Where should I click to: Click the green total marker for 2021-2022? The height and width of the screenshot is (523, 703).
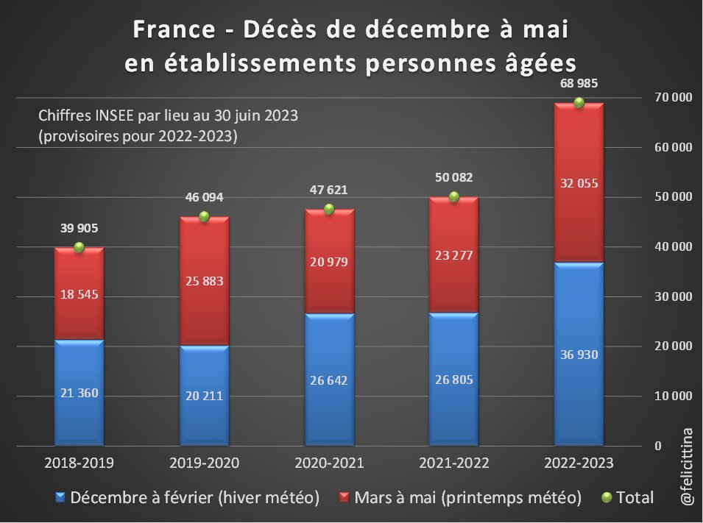coord(454,196)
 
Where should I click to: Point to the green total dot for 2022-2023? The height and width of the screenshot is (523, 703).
coord(579,102)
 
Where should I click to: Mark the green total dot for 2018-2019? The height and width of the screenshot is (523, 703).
coord(79,248)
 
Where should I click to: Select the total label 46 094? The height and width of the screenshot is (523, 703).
coord(204,197)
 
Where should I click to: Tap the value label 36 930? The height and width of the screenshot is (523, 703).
coord(579,355)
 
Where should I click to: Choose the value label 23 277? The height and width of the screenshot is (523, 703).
coord(454,256)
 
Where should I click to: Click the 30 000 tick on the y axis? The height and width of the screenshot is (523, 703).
coord(674,296)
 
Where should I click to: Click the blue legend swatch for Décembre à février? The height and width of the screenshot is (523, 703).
coord(60,498)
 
